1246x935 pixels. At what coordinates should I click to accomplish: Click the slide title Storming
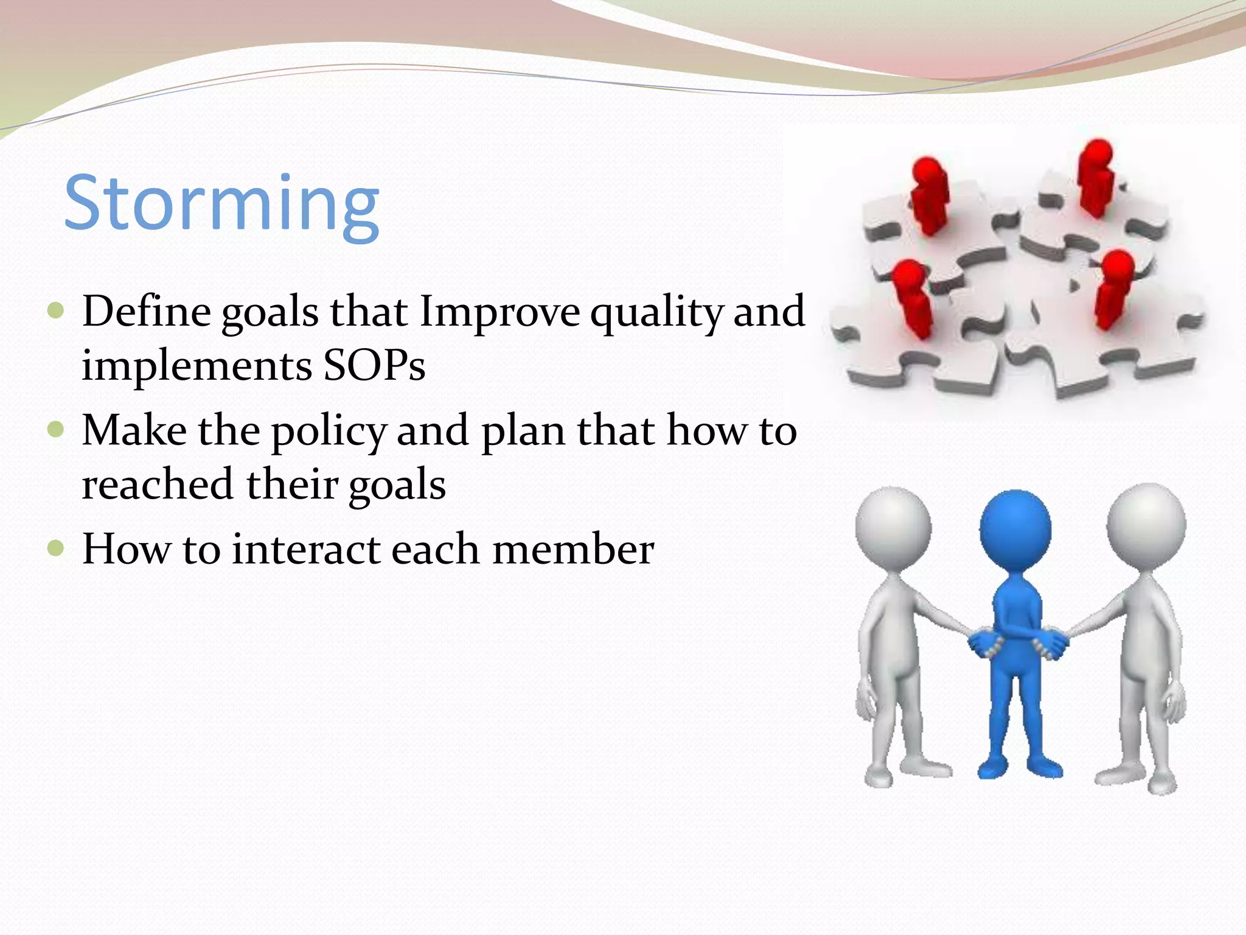point(221,204)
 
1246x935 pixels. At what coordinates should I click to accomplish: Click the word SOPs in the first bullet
point(374,366)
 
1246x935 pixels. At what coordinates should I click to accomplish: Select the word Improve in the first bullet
point(499,312)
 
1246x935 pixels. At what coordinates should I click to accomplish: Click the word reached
point(158,485)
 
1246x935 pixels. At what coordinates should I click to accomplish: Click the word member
point(573,549)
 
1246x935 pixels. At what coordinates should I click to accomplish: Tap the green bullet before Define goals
point(55,311)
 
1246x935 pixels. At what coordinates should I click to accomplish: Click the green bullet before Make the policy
point(55,430)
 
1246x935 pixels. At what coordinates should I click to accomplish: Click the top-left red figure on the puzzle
point(929,195)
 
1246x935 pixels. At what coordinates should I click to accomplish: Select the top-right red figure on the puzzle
point(1097,177)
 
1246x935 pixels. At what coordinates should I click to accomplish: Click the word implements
point(197,366)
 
